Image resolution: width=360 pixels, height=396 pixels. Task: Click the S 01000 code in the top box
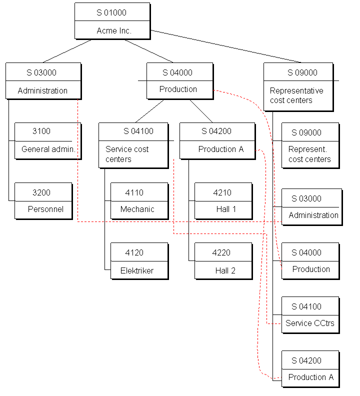point(111,12)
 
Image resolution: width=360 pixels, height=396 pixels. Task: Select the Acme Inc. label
point(114,30)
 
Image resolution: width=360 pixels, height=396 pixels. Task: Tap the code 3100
point(41,131)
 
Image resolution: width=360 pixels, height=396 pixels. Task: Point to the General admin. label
point(48,149)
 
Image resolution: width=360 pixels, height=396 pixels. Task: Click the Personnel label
point(45,209)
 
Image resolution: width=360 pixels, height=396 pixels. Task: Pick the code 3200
point(41,192)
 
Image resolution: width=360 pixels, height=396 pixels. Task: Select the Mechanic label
point(137,209)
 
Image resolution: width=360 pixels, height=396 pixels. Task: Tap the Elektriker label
point(137,270)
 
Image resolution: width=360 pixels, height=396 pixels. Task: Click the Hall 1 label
point(226,209)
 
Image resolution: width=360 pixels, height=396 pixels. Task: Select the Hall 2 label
point(225,270)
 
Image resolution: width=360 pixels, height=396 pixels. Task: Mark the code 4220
point(221,252)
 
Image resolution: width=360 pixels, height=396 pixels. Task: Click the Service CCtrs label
point(309,323)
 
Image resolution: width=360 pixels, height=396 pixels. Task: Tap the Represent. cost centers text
point(309,154)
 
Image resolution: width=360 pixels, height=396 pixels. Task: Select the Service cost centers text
point(126,154)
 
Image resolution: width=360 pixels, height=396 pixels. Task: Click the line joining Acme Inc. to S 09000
point(225,46)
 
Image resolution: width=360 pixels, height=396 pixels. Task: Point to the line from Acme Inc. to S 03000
point(67,51)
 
